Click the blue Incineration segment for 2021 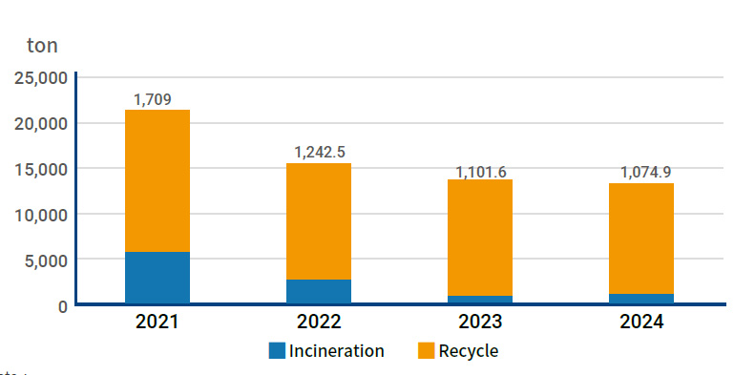157,278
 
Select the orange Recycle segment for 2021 157,180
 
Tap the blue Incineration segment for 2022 319,291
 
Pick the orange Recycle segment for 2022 319,221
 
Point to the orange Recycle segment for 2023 480,238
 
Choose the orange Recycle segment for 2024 641,239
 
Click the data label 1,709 153,99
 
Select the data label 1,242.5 320,152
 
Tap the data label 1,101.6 481,172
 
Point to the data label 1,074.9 646,172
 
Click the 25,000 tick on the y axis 40,77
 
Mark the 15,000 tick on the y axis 40,169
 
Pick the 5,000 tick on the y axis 45,260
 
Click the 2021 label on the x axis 157,322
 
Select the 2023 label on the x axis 480,322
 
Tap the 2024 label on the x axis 641,322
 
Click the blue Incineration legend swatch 277,350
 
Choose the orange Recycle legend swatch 427,350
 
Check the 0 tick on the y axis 61,305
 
